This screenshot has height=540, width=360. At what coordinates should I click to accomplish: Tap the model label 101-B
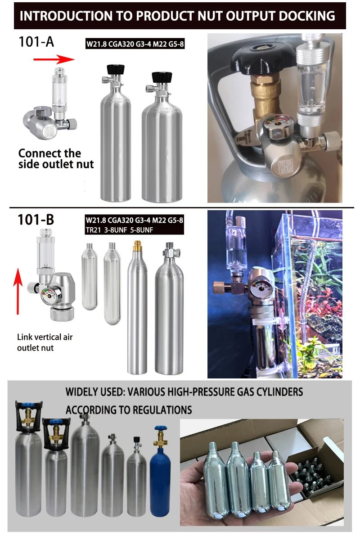click(x=36, y=220)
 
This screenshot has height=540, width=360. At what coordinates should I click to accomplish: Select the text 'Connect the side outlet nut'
click(x=56, y=159)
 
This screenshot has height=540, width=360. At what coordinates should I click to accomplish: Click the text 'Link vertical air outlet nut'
click(x=45, y=342)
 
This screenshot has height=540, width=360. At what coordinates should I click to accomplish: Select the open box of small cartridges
click(x=315, y=472)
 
